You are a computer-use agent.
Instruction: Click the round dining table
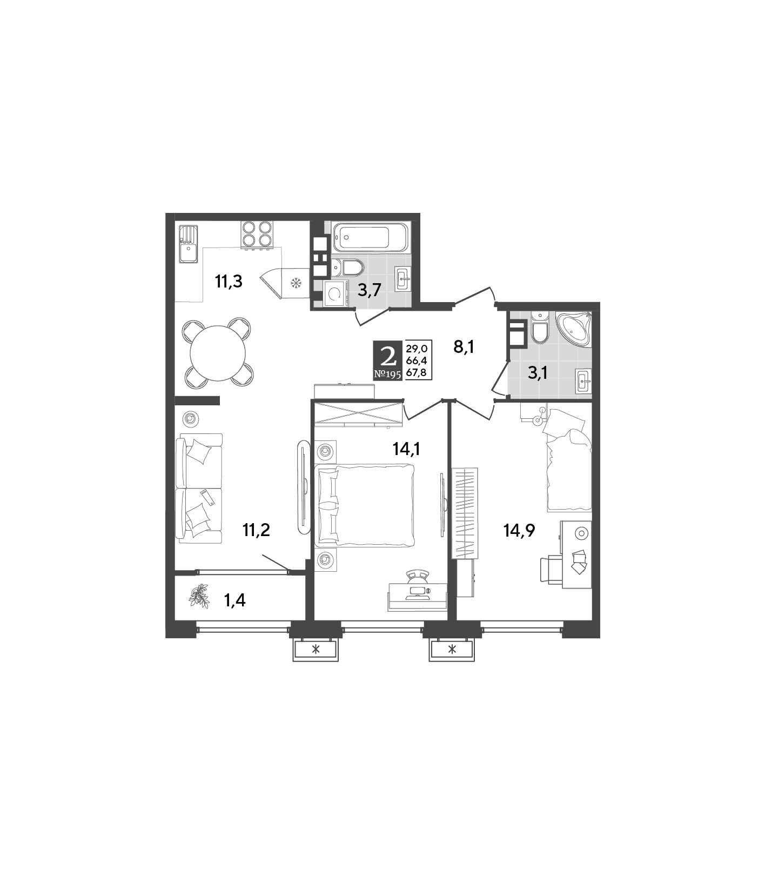tap(218, 353)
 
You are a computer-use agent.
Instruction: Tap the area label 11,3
tap(229, 282)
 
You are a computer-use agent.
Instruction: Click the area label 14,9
tap(519, 531)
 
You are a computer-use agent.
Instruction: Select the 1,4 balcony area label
tap(235, 600)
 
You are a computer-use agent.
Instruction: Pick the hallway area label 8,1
tap(464, 347)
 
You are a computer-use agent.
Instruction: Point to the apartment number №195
tap(388, 374)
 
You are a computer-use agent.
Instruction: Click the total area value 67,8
tap(417, 372)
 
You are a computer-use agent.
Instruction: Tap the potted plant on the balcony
tap(199, 594)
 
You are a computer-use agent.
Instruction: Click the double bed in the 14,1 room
tap(365, 505)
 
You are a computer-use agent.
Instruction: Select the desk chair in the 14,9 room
tap(551, 569)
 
